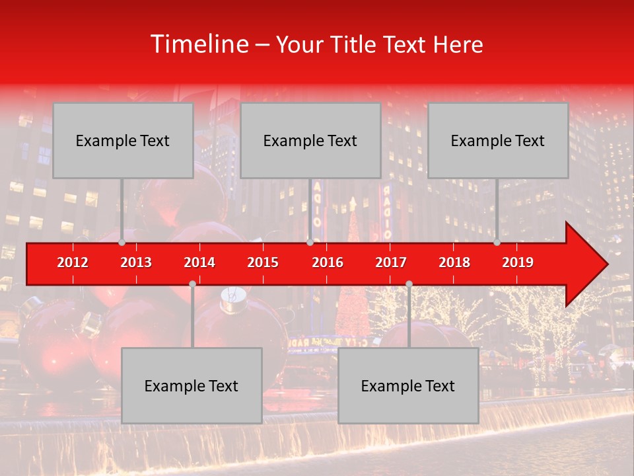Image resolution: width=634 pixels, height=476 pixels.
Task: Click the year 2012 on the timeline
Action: pos(73,262)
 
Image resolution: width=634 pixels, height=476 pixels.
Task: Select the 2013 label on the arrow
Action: pos(136,262)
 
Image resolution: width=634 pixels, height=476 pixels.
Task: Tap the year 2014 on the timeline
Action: pos(199,262)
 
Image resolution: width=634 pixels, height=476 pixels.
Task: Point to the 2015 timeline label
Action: pos(263,262)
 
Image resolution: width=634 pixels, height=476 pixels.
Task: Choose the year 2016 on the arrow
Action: pos(328,262)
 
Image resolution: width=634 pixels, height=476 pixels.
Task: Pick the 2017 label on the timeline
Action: pos(391,262)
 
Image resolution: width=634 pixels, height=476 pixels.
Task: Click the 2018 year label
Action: pos(454,262)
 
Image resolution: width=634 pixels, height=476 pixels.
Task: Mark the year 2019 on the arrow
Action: pos(518,262)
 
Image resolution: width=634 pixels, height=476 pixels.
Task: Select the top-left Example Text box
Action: pos(123,140)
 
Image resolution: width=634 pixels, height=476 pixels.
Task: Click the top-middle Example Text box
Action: pos(310,140)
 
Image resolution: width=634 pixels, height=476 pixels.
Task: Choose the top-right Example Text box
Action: pos(498,140)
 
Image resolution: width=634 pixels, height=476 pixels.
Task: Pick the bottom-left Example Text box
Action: pos(192,385)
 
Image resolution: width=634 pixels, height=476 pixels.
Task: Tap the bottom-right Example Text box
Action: pos(408,385)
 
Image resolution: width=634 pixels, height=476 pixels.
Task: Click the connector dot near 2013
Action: pos(122,242)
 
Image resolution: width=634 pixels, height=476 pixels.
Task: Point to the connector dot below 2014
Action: pos(192,284)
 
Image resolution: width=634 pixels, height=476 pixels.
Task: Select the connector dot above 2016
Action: pos(310,242)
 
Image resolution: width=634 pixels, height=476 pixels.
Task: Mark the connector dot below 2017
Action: pos(409,284)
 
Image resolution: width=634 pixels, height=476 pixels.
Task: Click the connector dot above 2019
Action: pos(497,242)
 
